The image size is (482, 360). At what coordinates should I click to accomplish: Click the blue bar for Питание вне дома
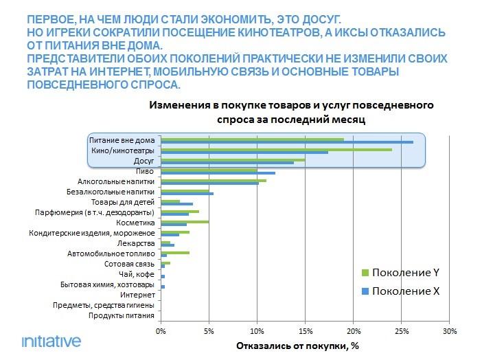coord(286,142)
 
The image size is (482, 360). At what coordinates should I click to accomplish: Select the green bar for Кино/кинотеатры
coord(276,149)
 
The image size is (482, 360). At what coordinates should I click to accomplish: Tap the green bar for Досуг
coord(233,159)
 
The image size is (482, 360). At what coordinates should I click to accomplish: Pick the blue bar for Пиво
coord(218,172)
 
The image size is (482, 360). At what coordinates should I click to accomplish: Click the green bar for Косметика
coord(185,221)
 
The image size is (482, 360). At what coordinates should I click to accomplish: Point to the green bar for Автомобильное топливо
coord(175,252)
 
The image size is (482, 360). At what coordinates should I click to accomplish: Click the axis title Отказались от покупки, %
coord(298,346)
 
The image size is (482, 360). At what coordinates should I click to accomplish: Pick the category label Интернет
coord(139,295)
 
